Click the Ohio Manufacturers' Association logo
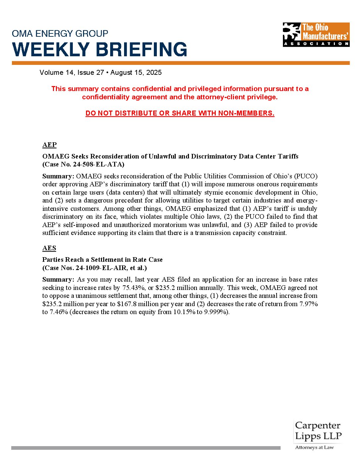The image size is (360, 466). (316, 34)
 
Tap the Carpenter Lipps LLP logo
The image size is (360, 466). (318, 431)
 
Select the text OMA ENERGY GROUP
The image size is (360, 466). (60, 33)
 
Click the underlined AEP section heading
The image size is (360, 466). (49, 145)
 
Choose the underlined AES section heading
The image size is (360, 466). (49, 248)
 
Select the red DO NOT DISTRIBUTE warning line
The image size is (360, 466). (180, 113)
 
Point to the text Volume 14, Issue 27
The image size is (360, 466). (72, 72)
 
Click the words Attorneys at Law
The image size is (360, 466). (314, 447)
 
